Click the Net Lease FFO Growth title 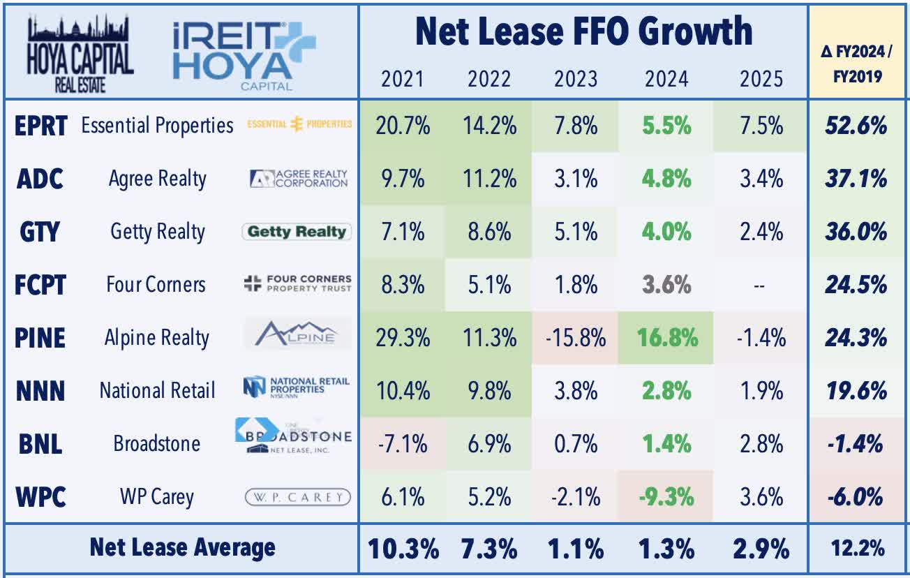tap(583, 33)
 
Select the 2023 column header tap(576, 78)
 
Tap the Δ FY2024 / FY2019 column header tap(858, 62)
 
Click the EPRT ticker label tap(41, 126)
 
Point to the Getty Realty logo tap(297, 231)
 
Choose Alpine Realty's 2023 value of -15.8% tap(576, 338)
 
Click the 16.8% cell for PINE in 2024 tap(666, 338)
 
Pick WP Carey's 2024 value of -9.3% tap(666, 497)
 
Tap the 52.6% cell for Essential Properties tap(858, 126)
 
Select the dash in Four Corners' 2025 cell tap(761, 285)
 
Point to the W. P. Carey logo tap(297, 497)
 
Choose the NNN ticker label tap(41, 391)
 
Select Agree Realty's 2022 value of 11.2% tap(489, 179)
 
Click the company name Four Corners tap(156, 285)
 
